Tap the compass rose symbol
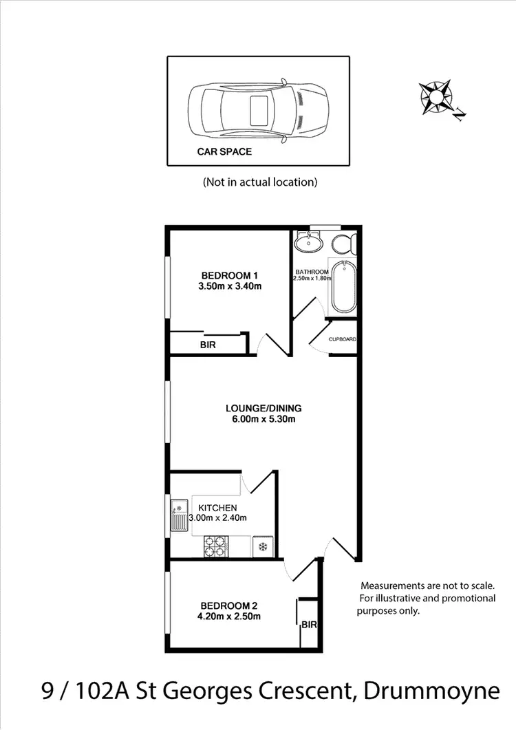[437, 96]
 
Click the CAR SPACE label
[224, 151]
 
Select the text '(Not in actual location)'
[260, 182]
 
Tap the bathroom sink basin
[310, 243]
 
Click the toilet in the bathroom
[343, 244]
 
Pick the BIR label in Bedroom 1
[208, 345]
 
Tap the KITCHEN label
[218, 508]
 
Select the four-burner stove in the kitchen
[215, 546]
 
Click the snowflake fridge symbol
[262, 547]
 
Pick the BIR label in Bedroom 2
[309, 625]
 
